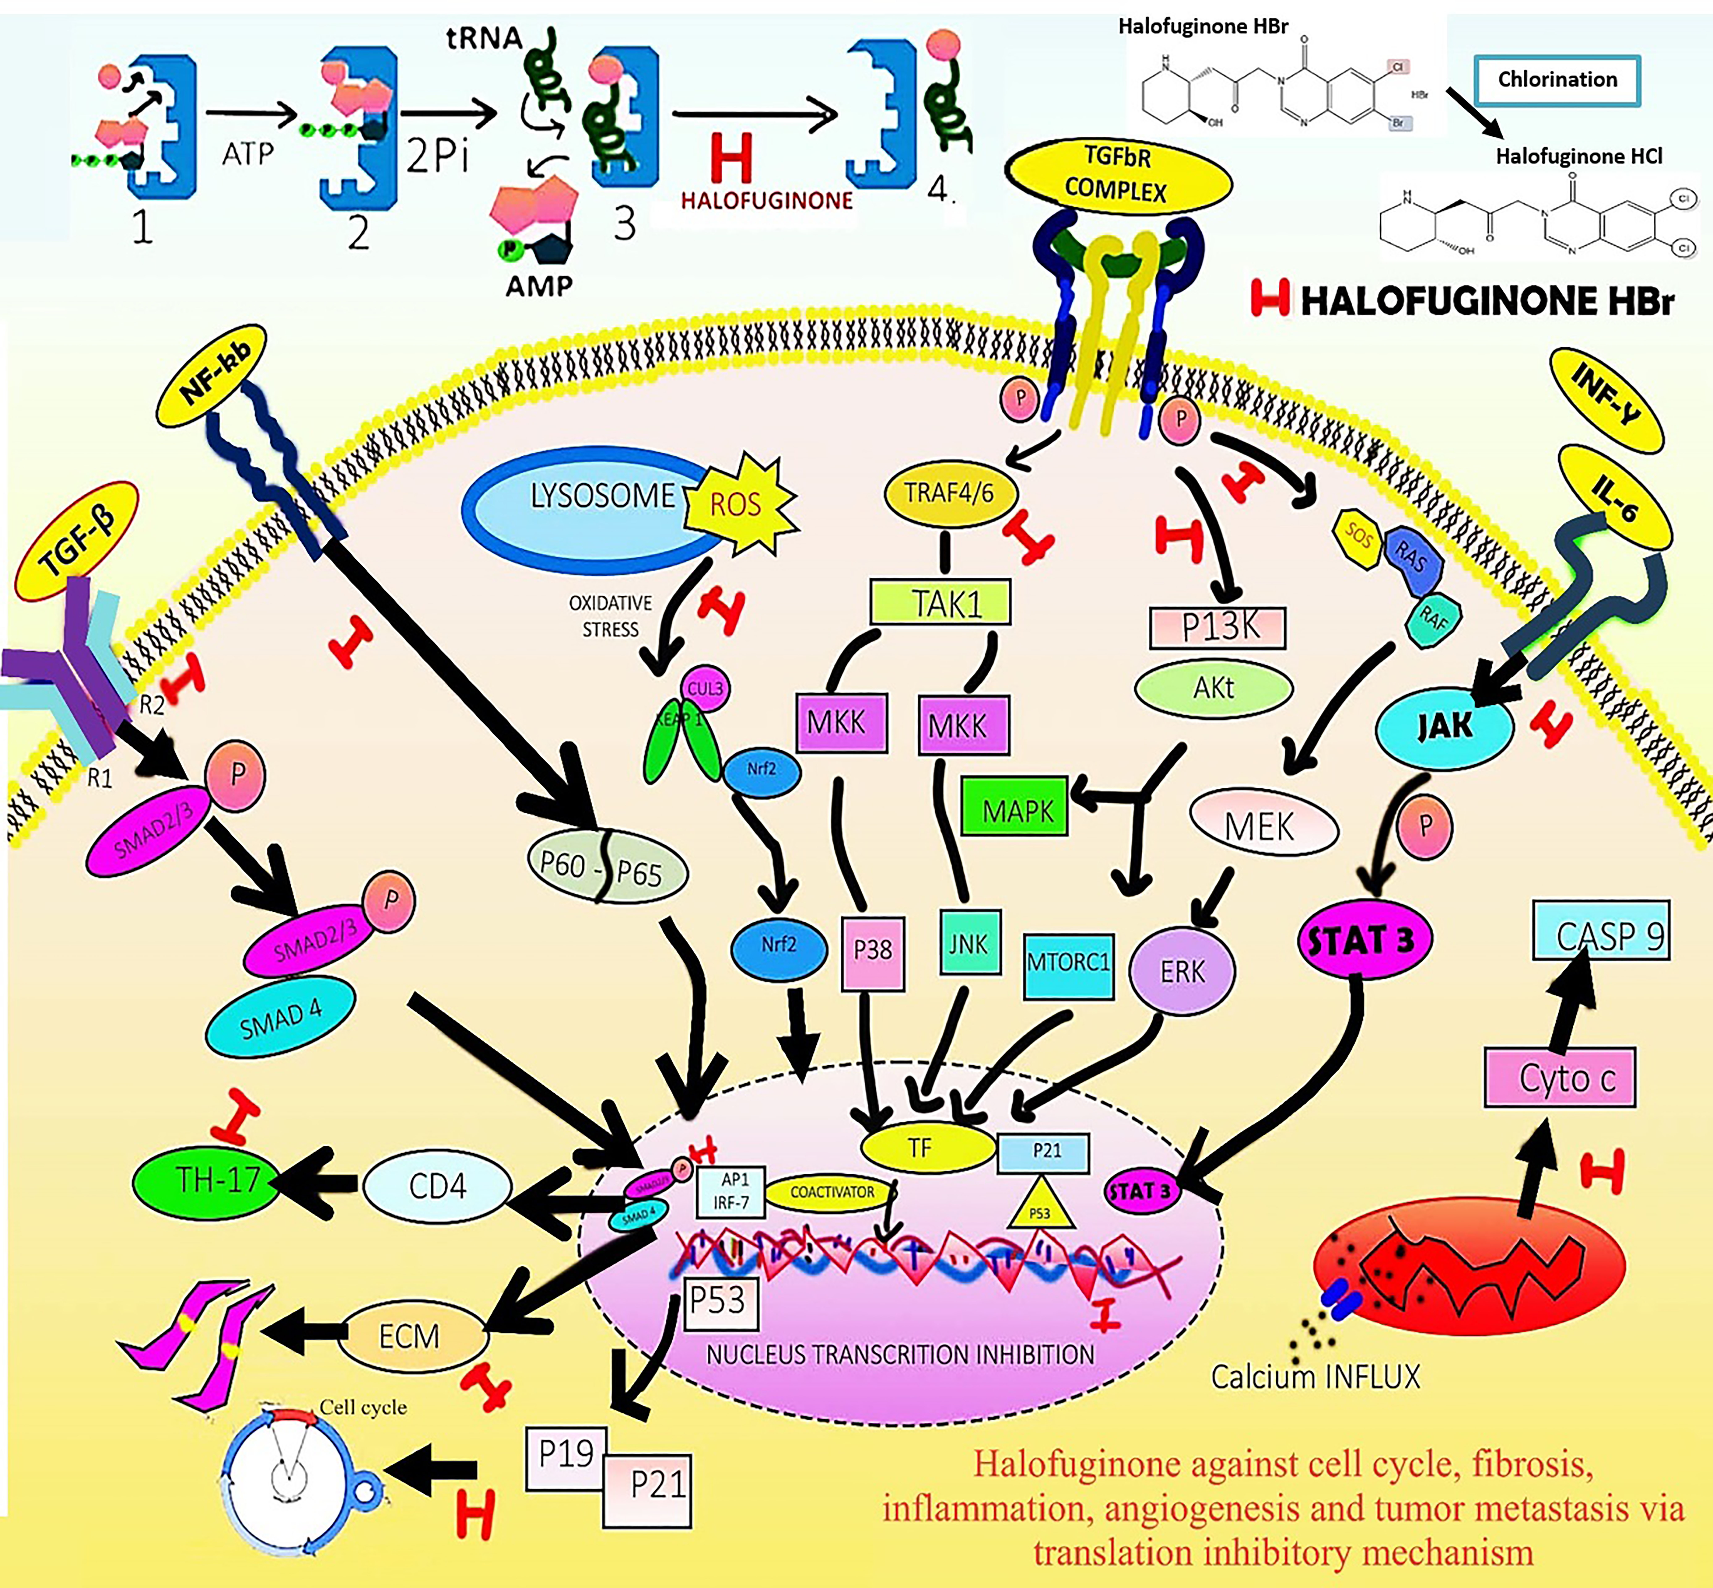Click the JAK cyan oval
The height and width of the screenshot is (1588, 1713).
click(1445, 727)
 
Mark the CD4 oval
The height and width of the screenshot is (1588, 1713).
click(437, 1186)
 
